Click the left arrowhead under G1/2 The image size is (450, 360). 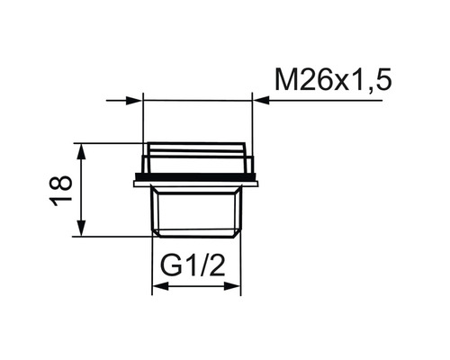(x=159, y=288)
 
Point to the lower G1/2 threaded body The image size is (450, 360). (x=197, y=211)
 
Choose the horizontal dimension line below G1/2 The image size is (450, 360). (x=197, y=288)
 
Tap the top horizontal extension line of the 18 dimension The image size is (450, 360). (x=108, y=143)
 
